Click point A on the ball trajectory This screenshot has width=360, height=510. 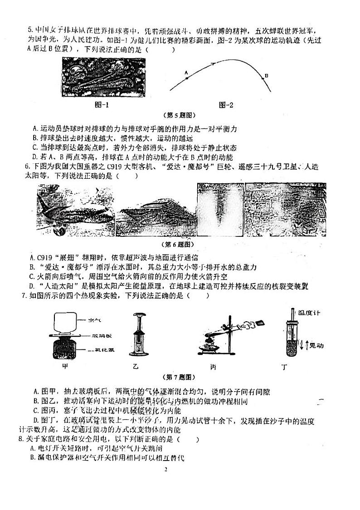point(186,78)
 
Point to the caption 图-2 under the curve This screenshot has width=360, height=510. point(225,105)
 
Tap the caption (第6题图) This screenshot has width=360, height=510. point(180,244)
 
